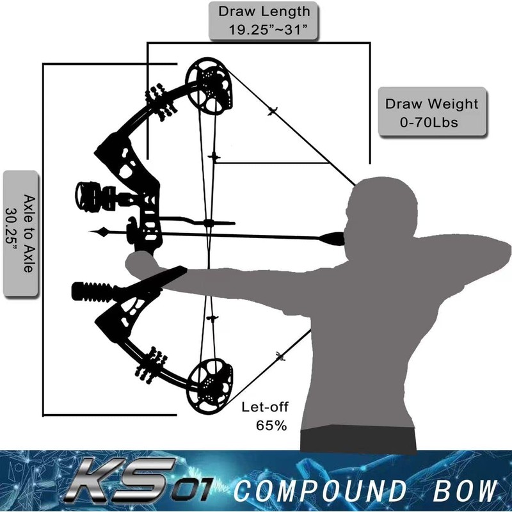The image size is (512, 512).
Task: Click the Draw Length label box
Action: (x=264, y=20)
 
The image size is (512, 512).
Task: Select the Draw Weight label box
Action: (x=431, y=111)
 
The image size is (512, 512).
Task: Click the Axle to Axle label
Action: (x=21, y=233)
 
